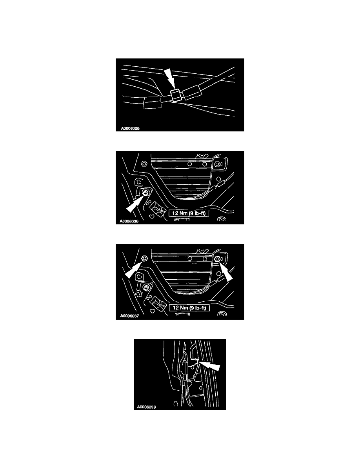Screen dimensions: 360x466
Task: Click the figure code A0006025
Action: tap(130, 128)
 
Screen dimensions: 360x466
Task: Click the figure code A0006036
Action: tap(129, 221)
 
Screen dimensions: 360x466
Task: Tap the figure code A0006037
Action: tap(129, 316)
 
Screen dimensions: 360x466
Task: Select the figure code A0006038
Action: tap(146, 407)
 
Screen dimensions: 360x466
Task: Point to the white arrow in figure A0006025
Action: tap(170, 79)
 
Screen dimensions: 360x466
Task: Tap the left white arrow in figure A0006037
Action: tap(133, 269)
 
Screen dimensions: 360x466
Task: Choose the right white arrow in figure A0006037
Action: tap(226, 271)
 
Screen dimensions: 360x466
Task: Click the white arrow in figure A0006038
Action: tap(209, 365)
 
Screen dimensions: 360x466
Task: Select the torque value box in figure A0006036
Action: tap(189, 213)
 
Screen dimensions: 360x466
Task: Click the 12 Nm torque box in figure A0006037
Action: tap(189, 308)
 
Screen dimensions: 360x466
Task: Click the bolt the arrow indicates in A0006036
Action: tap(145, 193)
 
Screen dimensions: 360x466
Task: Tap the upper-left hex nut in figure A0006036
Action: tap(144, 164)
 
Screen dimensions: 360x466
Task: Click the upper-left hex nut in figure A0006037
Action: tap(144, 258)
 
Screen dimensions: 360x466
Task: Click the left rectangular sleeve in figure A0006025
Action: tap(152, 103)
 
